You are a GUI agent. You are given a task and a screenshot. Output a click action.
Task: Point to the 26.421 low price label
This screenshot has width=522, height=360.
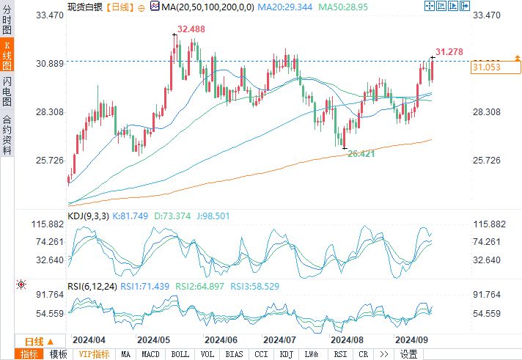(361, 154)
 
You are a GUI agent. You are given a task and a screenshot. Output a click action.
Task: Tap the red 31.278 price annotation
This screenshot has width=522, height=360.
(449, 51)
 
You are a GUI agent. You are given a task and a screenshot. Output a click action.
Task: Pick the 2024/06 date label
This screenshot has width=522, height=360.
(221, 340)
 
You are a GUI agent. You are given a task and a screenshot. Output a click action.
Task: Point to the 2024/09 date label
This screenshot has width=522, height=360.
(411, 340)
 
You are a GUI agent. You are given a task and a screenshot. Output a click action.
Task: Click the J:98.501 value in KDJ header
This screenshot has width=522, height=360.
(194, 216)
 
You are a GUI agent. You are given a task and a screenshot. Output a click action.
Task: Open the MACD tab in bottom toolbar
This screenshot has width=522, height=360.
(150, 354)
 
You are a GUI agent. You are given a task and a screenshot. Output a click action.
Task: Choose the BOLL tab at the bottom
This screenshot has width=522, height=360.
(180, 354)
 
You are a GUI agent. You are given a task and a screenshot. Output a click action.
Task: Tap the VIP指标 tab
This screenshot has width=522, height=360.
(94, 354)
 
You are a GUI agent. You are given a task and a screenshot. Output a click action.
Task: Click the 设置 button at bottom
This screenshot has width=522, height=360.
(408, 354)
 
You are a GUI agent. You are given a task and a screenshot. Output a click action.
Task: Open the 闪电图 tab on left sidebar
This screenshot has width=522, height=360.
(7, 91)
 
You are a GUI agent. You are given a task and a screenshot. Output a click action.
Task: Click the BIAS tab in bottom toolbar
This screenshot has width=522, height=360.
(234, 354)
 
